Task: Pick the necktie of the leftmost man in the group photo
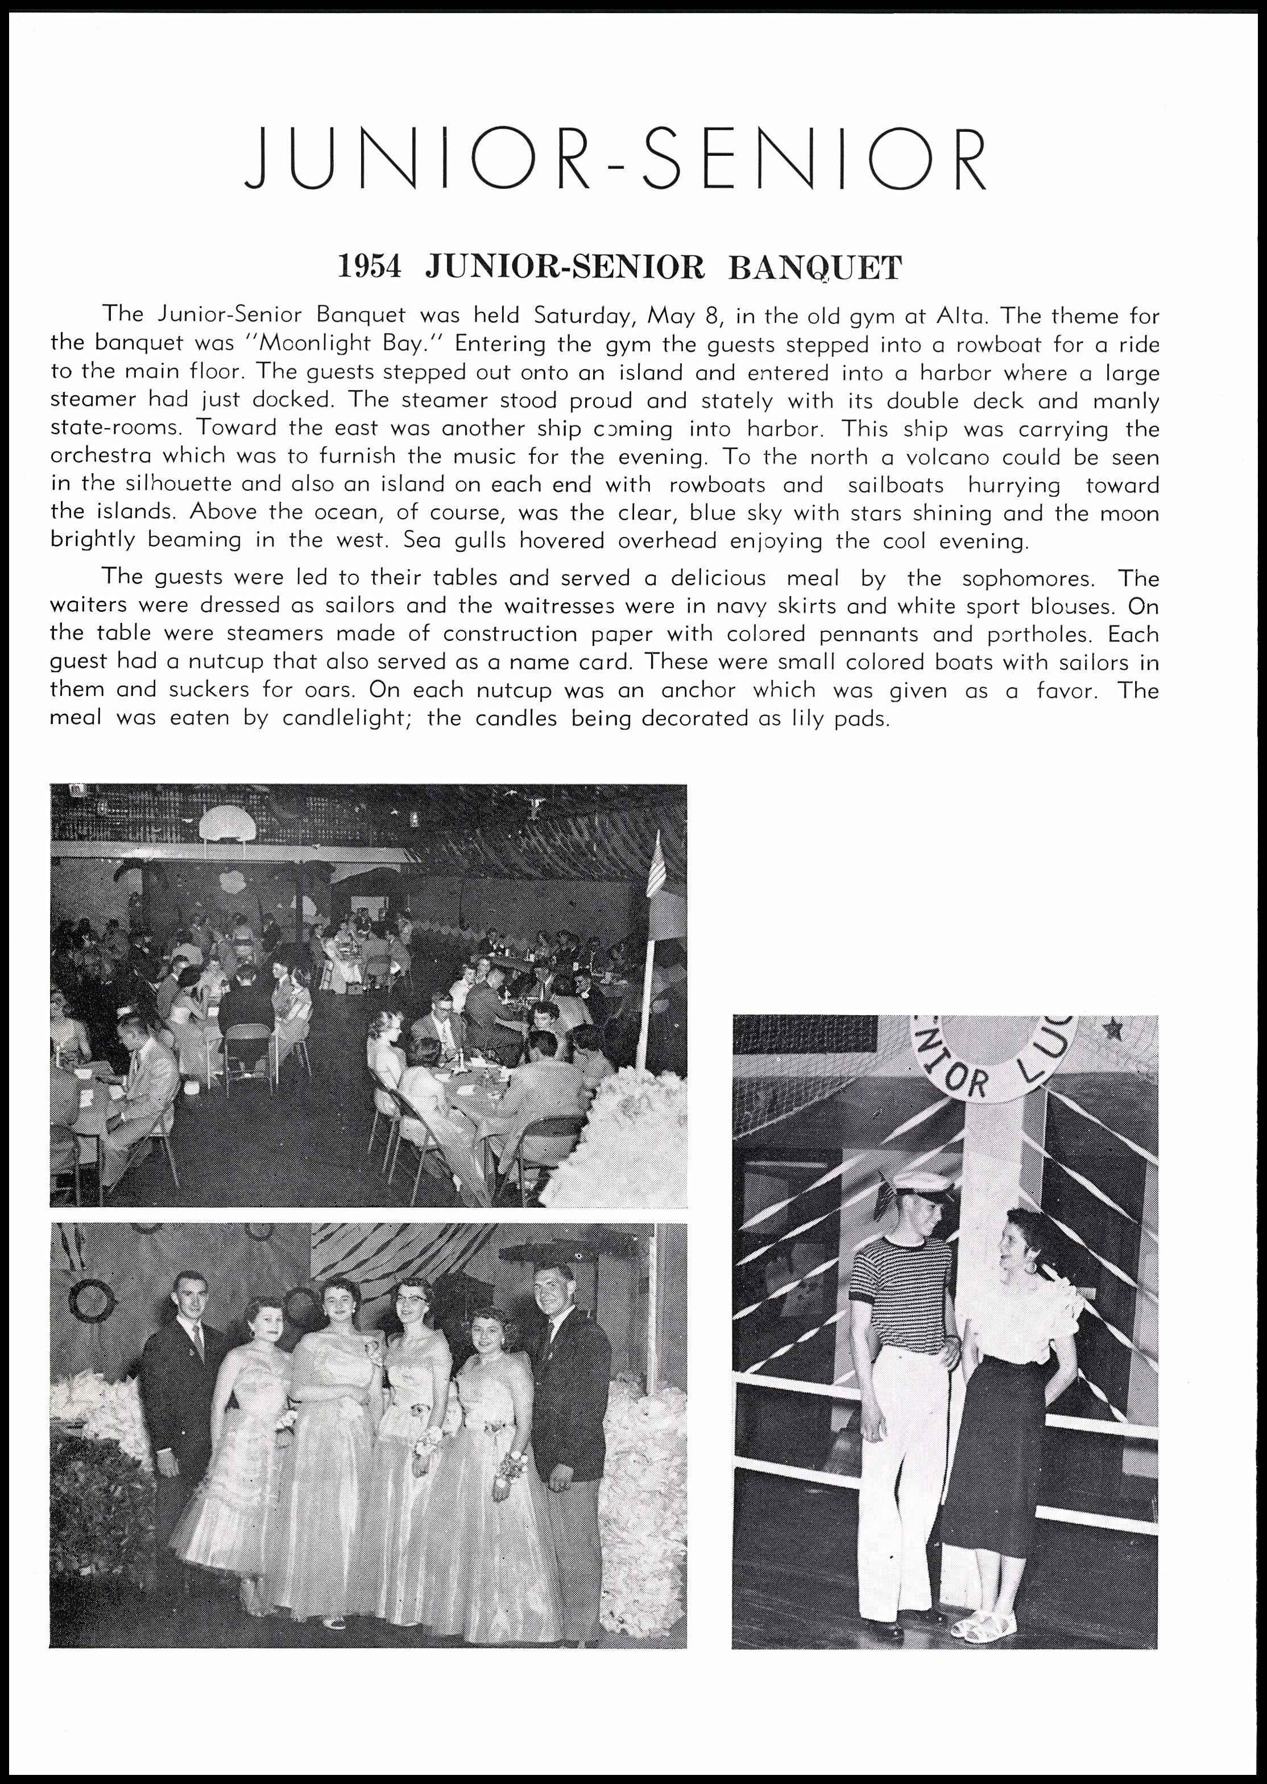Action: coord(197,1339)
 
